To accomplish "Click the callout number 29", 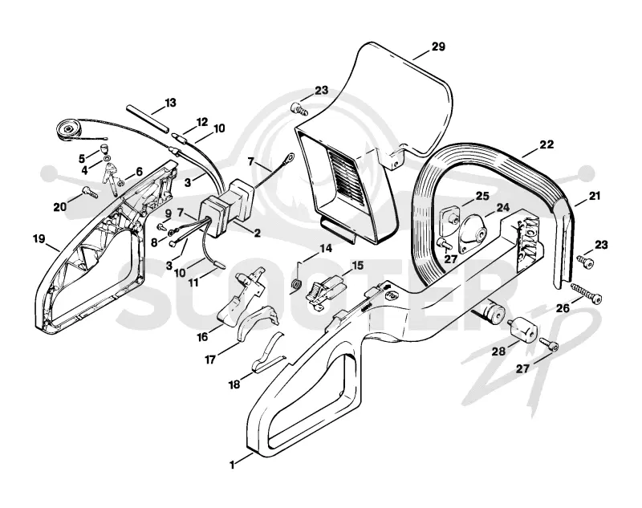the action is click(x=438, y=47).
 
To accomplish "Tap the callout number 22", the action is click(x=547, y=144).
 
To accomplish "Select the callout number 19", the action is click(x=39, y=238).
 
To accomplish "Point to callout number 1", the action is click(x=232, y=465).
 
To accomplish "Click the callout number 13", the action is click(x=170, y=103).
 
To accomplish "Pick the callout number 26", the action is click(x=563, y=308).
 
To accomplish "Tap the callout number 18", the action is click(x=234, y=384).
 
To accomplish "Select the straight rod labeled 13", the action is click(x=148, y=119).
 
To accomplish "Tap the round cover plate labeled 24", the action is click(x=473, y=236).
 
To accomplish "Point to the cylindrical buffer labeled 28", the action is click(x=521, y=329).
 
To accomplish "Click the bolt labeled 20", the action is click(x=89, y=191).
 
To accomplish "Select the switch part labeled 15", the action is click(x=326, y=290).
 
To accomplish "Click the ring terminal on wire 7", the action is click(x=290, y=156).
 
